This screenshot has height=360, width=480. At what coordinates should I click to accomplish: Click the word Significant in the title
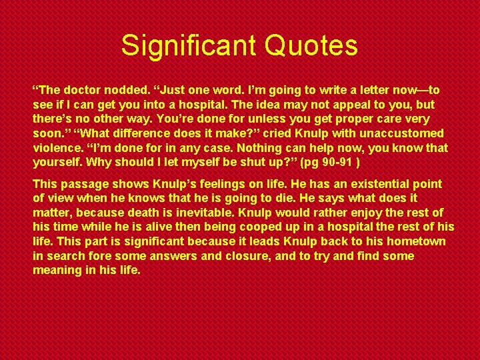pyautogui.click(x=188, y=45)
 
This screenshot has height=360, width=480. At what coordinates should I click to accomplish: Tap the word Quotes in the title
pyautogui.click(x=311, y=45)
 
